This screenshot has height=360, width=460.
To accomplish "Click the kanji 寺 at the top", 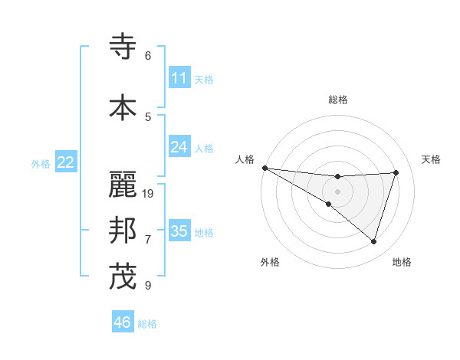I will (x=123, y=46).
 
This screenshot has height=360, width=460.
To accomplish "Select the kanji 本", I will (x=123, y=106).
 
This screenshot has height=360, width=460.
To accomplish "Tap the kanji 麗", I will (x=123, y=184).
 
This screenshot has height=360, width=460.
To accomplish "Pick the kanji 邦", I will (x=123, y=231).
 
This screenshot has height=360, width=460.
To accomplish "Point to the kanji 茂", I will (x=123, y=277).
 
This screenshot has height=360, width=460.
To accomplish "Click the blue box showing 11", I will (x=179, y=78).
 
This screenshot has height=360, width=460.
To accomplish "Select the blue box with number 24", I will (x=179, y=147).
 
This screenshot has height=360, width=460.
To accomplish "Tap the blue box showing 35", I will (x=179, y=231).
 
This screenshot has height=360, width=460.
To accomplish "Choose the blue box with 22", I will (x=66, y=162).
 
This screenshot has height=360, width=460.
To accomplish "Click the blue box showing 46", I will (x=123, y=322).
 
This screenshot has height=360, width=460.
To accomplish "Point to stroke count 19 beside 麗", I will (x=149, y=194).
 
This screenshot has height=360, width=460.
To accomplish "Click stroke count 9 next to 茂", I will (x=148, y=286).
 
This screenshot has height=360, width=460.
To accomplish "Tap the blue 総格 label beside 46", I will (x=147, y=324).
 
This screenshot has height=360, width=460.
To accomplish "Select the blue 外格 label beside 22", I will (x=41, y=163).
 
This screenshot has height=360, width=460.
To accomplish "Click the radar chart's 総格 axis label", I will (x=337, y=100).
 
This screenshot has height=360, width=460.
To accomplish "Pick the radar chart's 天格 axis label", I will (x=431, y=159).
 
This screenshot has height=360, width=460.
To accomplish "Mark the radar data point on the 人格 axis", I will (x=264, y=167).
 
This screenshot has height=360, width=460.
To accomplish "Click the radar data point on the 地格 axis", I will (x=374, y=241).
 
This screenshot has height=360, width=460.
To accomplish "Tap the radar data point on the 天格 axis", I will (x=396, y=172).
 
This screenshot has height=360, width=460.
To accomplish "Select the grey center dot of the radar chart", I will (x=337, y=191).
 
